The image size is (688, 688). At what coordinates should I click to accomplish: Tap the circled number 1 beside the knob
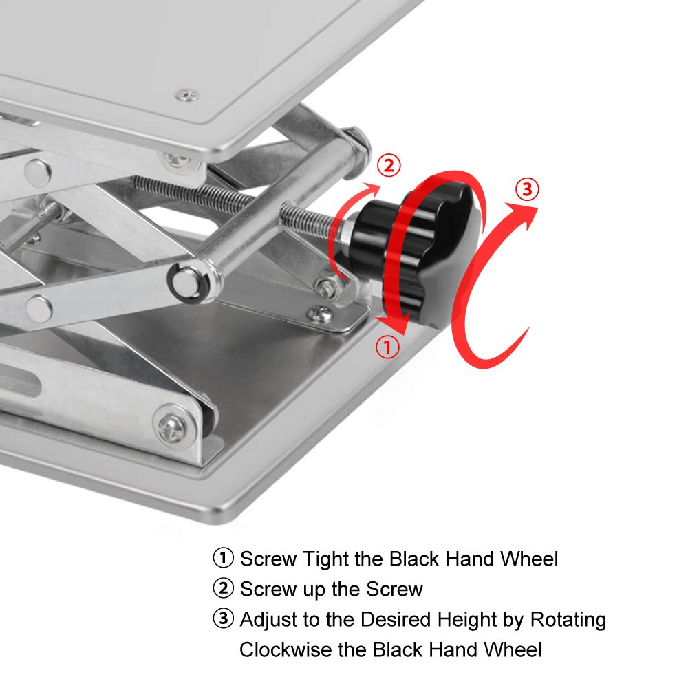tap(387, 347)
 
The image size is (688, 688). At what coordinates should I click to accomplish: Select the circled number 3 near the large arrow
tap(527, 190)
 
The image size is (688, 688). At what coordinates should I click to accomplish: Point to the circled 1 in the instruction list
tap(223, 558)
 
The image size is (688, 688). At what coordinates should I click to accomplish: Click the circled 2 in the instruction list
tap(223, 589)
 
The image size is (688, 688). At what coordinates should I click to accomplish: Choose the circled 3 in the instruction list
tap(223, 620)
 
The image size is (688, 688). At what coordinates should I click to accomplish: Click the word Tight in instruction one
tap(327, 559)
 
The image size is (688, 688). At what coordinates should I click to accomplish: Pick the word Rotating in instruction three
tap(568, 621)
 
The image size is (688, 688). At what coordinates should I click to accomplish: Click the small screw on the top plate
tap(186, 94)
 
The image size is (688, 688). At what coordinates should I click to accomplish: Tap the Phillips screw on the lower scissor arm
tap(170, 427)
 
